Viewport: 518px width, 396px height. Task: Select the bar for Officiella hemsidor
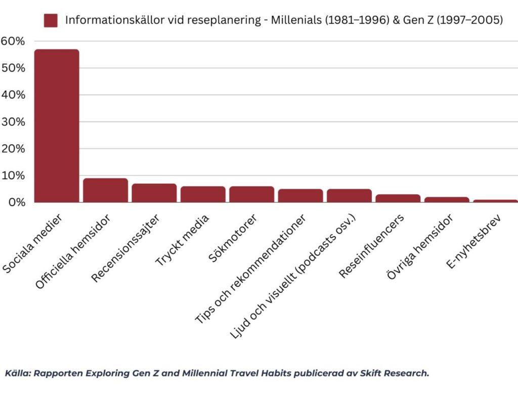105,190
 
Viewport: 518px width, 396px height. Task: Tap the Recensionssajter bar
154,193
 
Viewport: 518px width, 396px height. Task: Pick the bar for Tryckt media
203,194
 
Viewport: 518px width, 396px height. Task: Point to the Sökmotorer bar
251,194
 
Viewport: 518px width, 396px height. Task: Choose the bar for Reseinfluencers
398,198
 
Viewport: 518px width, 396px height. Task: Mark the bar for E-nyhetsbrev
495,201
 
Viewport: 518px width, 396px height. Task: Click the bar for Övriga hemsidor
446,200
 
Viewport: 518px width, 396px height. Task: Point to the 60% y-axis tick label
12,41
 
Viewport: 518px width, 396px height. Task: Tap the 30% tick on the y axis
12,122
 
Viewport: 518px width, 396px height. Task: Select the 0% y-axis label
15,202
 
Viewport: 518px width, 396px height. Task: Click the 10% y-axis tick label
12,175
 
